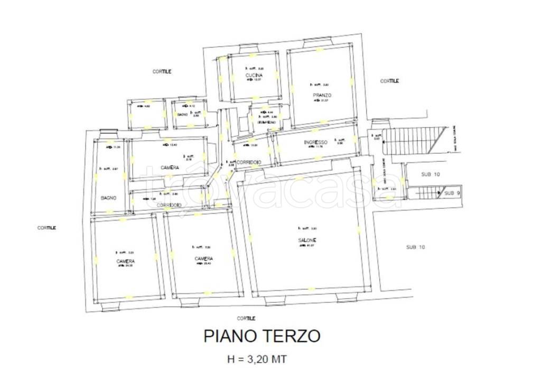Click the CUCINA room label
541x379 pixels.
(x=254, y=76)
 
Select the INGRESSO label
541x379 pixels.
(x=316, y=142)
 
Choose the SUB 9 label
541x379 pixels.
(x=452, y=193)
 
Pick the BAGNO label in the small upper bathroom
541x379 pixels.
(x=182, y=114)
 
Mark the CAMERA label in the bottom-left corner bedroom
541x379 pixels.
(x=126, y=262)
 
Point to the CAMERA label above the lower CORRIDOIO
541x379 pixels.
(x=169, y=167)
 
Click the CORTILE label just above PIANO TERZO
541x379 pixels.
(x=246, y=318)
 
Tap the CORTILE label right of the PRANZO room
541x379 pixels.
(x=389, y=81)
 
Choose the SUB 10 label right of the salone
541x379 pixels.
(x=415, y=247)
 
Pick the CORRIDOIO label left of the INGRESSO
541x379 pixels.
(x=248, y=161)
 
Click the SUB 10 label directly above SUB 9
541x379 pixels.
(x=430, y=174)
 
